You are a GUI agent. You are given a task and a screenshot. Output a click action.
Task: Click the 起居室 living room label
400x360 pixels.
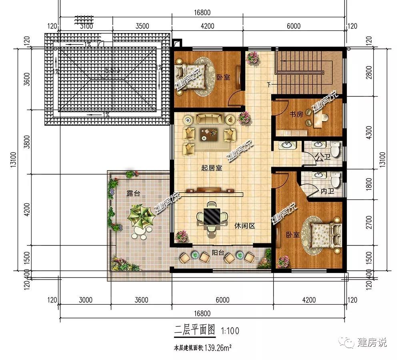[x=212, y=168]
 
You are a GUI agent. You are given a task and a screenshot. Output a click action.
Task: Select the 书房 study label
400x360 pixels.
[x=296, y=115]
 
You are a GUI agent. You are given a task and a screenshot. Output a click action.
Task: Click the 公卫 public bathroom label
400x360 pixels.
[x=322, y=157]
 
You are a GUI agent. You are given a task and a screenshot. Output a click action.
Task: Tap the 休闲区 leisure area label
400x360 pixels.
[x=245, y=226]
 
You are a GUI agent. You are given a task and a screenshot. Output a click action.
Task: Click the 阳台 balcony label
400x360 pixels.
[x=218, y=253]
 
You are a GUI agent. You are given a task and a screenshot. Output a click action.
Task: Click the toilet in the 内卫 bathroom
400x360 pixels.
[x=338, y=179]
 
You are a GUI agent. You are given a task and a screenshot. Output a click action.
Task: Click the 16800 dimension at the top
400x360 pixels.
[x=202, y=13]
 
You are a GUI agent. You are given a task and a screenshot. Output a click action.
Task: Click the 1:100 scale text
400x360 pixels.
[x=230, y=331]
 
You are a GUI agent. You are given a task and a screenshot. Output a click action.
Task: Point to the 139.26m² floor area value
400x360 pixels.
[x=218, y=348]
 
